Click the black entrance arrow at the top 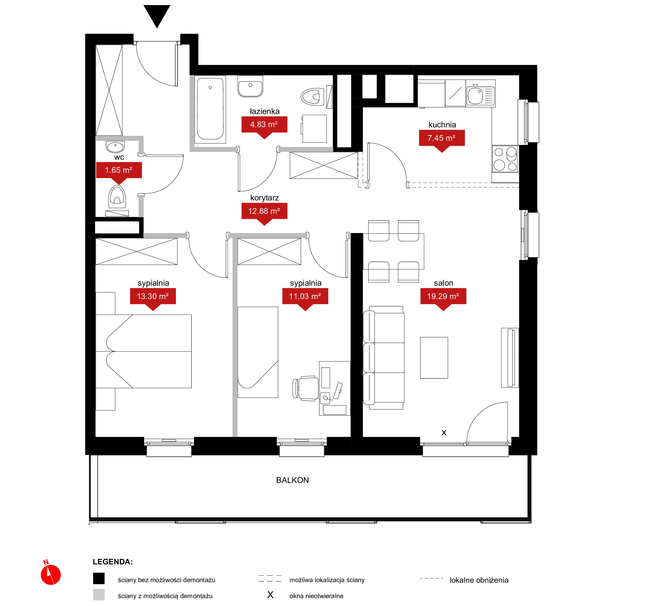click(x=157, y=15)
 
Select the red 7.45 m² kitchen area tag click(x=442, y=140)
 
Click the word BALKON click(x=292, y=480)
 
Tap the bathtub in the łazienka click(x=210, y=109)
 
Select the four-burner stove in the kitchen click(x=505, y=159)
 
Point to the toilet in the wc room click(x=117, y=197)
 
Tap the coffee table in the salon click(x=434, y=358)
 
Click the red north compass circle click(x=51, y=575)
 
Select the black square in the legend click(x=99, y=578)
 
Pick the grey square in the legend click(x=99, y=595)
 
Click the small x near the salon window click(x=444, y=433)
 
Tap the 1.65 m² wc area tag click(x=119, y=172)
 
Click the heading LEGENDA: click(x=113, y=562)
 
